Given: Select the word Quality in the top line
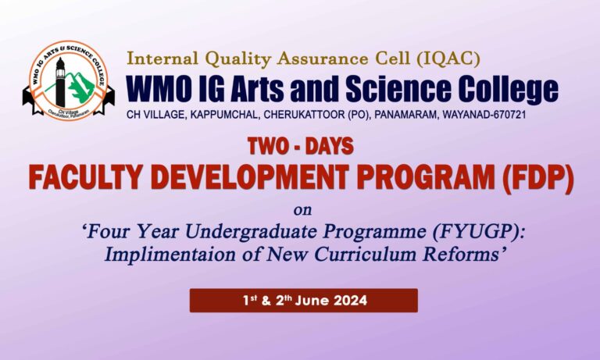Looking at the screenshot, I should tap(237, 58).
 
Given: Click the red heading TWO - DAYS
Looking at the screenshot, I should tap(300, 146).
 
